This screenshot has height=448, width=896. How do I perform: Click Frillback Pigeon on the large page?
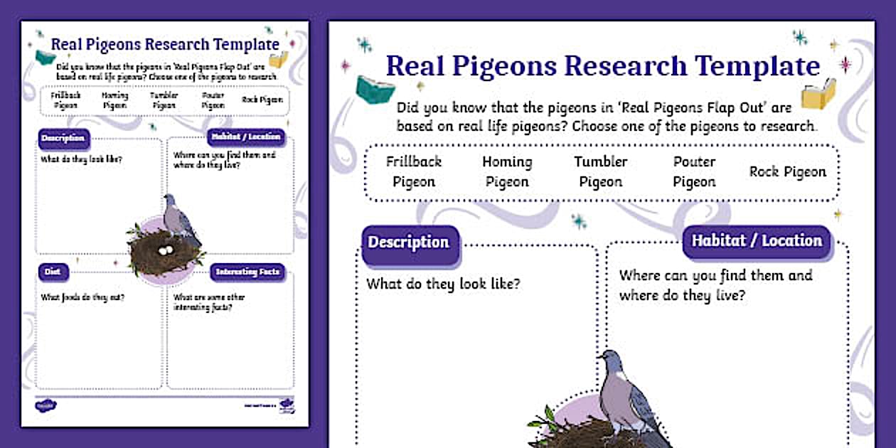coord(414,171)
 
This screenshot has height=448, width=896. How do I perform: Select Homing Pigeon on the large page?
coord(507,171)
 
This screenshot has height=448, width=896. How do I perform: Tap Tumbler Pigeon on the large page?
coord(601,171)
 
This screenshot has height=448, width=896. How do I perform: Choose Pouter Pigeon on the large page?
coord(694,171)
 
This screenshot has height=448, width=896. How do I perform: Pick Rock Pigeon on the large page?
coord(788,172)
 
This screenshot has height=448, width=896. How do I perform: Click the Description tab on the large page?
coord(408,242)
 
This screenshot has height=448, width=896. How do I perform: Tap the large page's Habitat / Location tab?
coord(757,240)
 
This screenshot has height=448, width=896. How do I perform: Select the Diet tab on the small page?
coord(53,271)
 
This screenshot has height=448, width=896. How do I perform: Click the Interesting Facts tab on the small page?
coord(247,272)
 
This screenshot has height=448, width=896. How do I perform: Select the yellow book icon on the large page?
coord(818,95)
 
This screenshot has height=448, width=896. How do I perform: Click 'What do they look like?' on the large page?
coord(443,284)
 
